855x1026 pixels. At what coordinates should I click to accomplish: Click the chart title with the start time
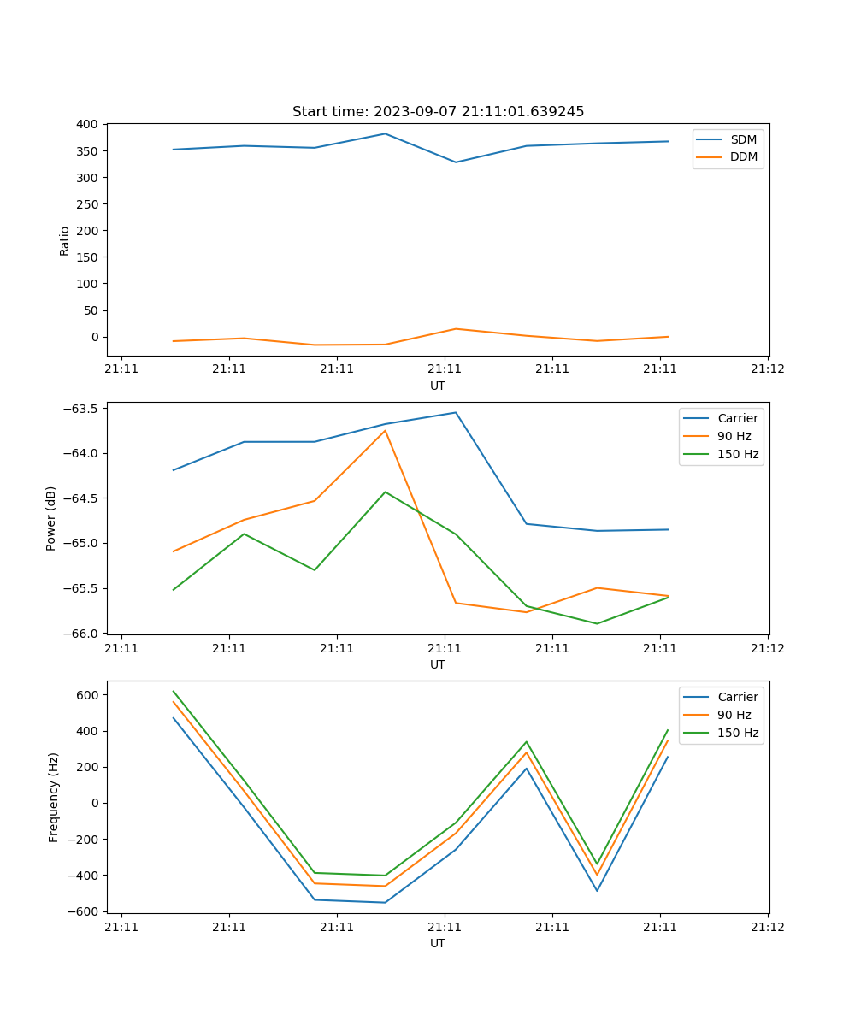438,112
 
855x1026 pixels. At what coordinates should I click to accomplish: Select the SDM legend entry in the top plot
743,139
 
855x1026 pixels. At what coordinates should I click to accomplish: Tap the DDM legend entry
743,156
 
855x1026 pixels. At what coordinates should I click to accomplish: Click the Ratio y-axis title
65,240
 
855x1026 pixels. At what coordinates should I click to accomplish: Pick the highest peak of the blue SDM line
385,133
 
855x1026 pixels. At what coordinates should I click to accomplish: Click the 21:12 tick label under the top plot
767,369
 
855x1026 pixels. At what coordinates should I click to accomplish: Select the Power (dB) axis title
51,518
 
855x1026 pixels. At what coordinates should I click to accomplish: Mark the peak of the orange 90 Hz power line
385,430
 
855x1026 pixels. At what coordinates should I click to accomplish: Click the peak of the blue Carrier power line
456,412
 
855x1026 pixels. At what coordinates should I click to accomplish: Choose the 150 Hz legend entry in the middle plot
738,454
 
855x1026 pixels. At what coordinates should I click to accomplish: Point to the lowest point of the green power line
597,623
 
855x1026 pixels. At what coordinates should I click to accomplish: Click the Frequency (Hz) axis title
54,797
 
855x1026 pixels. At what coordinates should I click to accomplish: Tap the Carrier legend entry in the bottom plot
737,697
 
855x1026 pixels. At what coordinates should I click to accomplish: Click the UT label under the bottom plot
438,943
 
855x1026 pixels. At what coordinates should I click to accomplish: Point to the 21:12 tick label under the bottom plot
767,927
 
